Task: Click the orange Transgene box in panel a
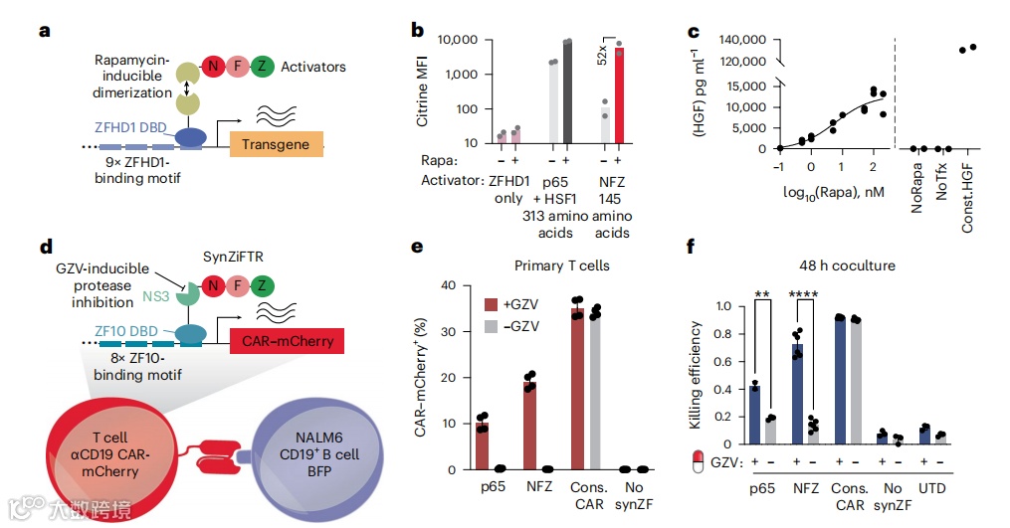click(276, 144)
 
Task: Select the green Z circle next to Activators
click(263, 67)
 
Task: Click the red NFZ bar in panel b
click(619, 97)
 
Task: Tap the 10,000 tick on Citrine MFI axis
click(456, 40)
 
